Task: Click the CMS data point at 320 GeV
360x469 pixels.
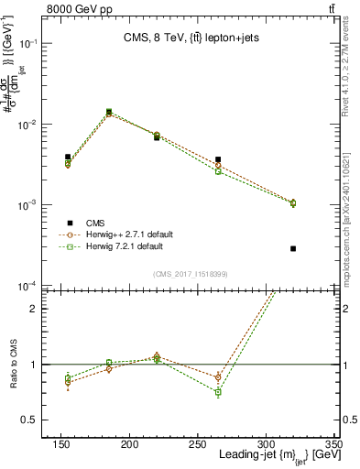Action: point(293,248)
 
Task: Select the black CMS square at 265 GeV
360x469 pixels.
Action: point(218,159)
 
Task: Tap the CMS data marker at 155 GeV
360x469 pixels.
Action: point(68,157)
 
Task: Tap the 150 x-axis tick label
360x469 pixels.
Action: point(61,444)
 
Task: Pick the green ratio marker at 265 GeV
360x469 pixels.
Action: point(218,392)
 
